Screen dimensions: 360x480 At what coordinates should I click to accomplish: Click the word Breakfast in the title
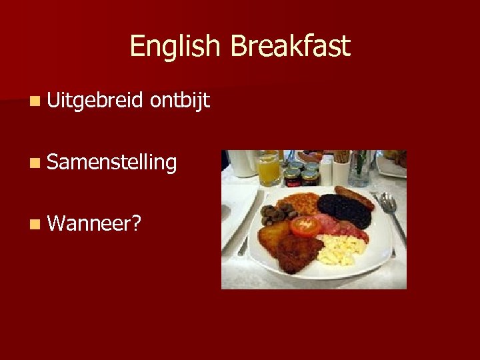click(x=290, y=47)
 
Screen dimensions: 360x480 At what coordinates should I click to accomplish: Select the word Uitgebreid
click(x=95, y=101)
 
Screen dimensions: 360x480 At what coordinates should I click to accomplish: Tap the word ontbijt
click(x=180, y=101)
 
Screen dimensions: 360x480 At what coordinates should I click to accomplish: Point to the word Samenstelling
click(x=112, y=162)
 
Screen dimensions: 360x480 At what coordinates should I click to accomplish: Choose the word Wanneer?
click(x=94, y=223)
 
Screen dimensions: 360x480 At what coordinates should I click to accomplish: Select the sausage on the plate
click(x=354, y=198)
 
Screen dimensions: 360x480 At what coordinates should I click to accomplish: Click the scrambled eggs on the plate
click(x=339, y=249)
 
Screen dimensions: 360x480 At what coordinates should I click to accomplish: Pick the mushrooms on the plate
click(x=275, y=215)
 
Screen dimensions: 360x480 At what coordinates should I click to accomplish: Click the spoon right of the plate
click(x=393, y=213)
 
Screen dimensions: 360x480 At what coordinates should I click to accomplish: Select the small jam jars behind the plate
click(x=300, y=175)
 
